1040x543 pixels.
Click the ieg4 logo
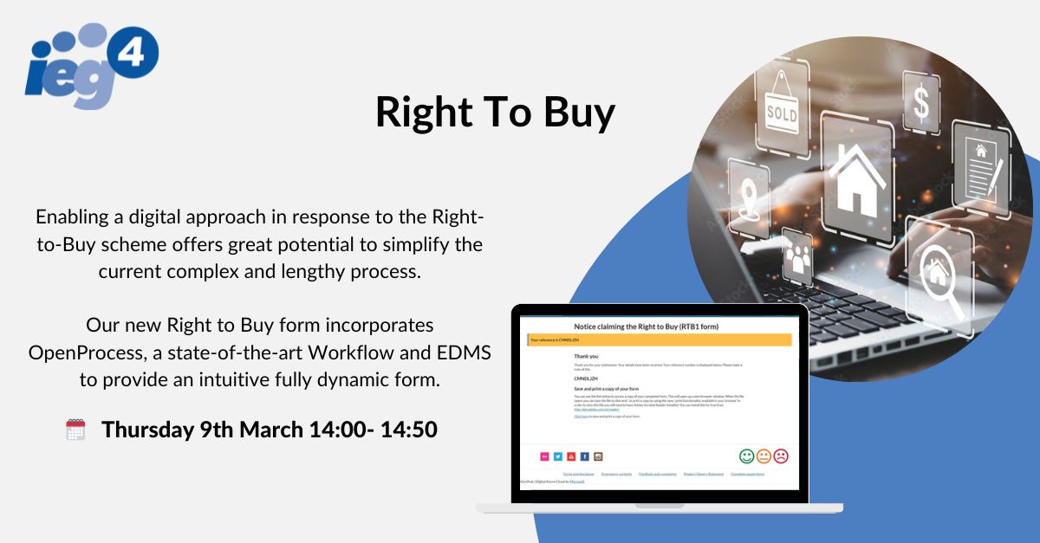92,65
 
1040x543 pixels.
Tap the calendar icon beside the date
76,430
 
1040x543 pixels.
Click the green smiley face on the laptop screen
746,456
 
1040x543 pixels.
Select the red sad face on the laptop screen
781,456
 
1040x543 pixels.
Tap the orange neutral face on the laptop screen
764,456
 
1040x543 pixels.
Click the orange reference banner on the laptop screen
660,340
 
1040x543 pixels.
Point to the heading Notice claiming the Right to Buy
659,326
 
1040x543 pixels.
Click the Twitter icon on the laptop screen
558,456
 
